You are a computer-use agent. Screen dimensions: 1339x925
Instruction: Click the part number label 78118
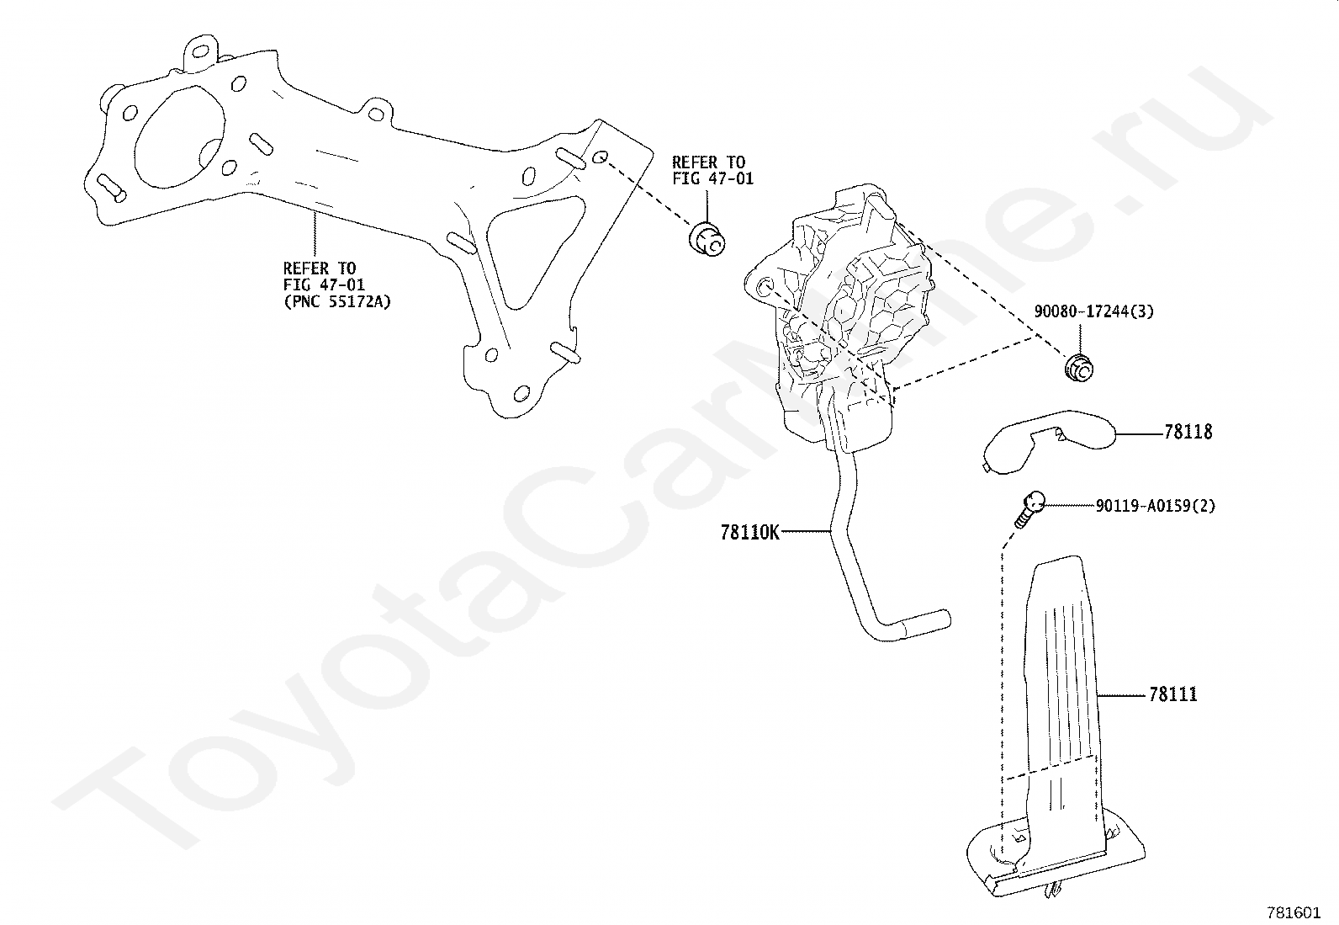click(x=1188, y=433)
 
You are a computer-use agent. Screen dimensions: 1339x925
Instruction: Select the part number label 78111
click(x=1172, y=695)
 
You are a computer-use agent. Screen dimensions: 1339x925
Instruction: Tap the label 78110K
click(x=750, y=532)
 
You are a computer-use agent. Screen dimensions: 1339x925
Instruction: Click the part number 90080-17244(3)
click(x=1093, y=311)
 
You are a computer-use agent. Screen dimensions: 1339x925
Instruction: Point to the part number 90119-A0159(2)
click(x=1155, y=506)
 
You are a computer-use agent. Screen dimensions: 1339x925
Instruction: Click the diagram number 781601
click(x=1294, y=912)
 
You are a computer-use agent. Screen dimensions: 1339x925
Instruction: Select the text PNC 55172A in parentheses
click(x=336, y=300)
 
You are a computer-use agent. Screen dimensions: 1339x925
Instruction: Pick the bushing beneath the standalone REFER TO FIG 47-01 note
click(x=706, y=239)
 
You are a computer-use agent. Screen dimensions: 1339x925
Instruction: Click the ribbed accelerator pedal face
click(x=1061, y=673)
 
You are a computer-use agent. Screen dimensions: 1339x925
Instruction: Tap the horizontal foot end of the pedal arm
click(x=917, y=625)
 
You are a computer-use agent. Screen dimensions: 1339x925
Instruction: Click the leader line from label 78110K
click(x=805, y=532)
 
